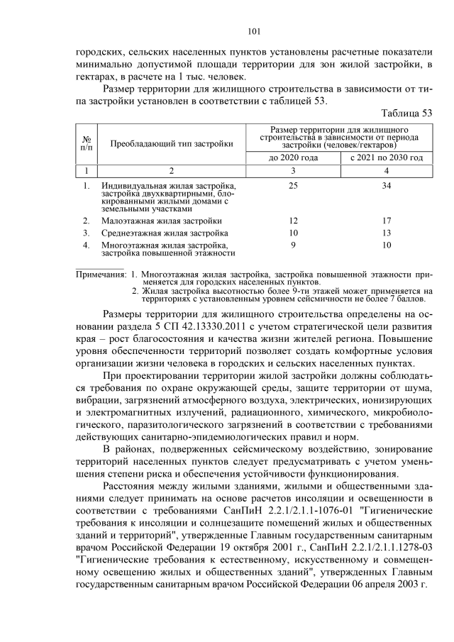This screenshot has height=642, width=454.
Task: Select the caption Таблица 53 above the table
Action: pos(406,113)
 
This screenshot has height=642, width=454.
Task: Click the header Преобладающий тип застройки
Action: pos(172,143)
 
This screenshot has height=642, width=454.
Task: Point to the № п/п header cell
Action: pos(86,143)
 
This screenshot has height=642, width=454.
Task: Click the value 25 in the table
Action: pos(293,186)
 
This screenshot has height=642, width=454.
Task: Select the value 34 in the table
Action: pos(387,186)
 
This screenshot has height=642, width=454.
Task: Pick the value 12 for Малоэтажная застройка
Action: pos(293,221)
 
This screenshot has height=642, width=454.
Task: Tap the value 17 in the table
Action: pos(387,221)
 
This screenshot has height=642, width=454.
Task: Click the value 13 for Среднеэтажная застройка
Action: pos(387,233)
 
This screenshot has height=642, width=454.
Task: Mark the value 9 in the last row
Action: pos(293,245)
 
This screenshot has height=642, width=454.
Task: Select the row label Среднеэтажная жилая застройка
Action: pos(165,233)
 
